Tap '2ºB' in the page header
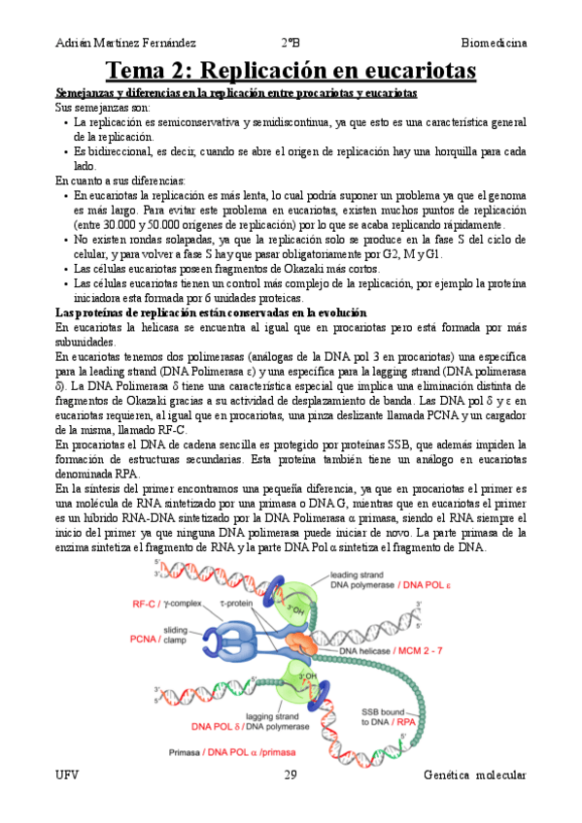[291, 43]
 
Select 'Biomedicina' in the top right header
[494, 43]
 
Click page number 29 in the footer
[291, 774]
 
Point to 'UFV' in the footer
[68, 774]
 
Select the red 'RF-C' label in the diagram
[146, 604]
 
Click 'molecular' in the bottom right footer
[496, 774]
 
